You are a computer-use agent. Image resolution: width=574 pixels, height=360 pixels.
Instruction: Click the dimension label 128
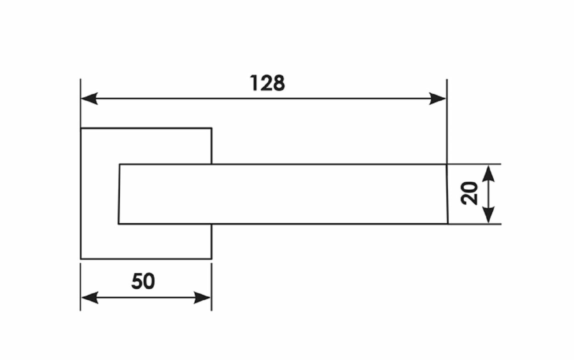[x=267, y=84]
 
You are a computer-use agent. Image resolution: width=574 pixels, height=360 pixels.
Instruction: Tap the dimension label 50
[x=143, y=281]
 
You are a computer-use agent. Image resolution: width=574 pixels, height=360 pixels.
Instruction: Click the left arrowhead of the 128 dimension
[x=89, y=98]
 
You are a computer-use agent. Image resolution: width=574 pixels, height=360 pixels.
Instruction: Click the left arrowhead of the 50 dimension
[x=89, y=297]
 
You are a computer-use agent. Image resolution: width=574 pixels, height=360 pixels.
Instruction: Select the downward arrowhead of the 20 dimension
[x=489, y=215]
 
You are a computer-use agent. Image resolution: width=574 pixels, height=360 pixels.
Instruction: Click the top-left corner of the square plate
[x=81, y=129]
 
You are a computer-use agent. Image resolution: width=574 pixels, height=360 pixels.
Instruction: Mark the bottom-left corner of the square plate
[x=81, y=259]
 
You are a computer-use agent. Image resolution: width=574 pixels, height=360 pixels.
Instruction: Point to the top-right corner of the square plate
[x=212, y=129]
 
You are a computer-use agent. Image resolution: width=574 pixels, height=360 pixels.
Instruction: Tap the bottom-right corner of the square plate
[x=212, y=259]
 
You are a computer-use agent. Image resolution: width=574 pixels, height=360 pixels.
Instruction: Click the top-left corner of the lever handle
[x=120, y=164]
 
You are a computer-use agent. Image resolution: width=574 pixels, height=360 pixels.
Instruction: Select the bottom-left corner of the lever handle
[x=118, y=224]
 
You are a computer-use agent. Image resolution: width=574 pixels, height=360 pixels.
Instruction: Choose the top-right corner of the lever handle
[x=446, y=164]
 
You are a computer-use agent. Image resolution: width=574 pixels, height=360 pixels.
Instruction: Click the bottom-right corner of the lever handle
[x=448, y=224]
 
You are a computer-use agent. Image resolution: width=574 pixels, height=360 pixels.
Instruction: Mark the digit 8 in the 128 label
[x=278, y=84]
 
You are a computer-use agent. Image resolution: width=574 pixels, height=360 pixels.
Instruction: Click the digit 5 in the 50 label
[x=137, y=281]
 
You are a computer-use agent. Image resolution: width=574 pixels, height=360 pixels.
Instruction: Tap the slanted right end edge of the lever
[x=447, y=194]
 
